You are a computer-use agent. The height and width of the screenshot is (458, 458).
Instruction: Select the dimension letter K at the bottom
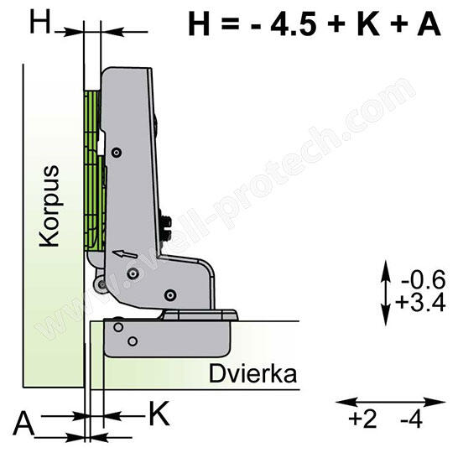[x=158, y=413]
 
